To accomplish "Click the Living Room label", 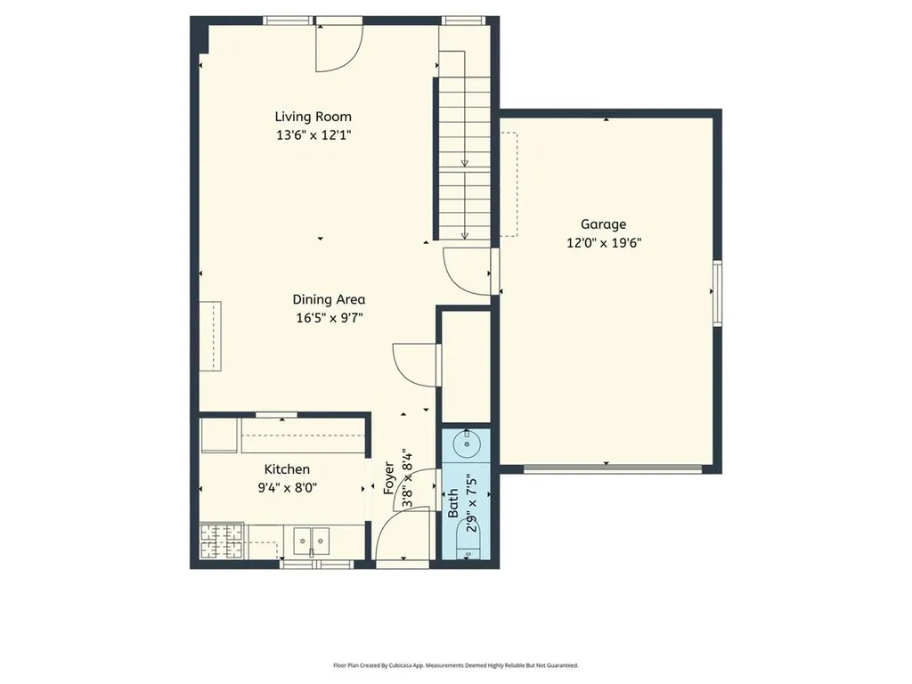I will click(313, 117).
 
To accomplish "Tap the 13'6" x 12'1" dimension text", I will click(313, 135).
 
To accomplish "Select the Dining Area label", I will click(329, 300).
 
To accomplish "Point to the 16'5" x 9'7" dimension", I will click(329, 318).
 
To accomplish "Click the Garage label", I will click(604, 224).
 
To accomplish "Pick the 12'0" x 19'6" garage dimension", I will click(604, 242).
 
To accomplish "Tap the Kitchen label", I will click(287, 469).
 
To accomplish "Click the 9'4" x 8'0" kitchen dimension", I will click(287, 487).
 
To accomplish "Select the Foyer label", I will click(389, 477).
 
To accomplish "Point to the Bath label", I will click(453, 504).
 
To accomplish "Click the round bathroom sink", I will click(468, 443).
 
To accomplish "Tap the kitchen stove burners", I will click(221, 541).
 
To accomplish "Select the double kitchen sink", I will click(312, 540).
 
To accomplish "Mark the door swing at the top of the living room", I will click(338, 49).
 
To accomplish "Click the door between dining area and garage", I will click(468, 271).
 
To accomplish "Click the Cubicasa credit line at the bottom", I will click(456, 665).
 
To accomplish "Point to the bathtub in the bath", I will click(468, 541).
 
